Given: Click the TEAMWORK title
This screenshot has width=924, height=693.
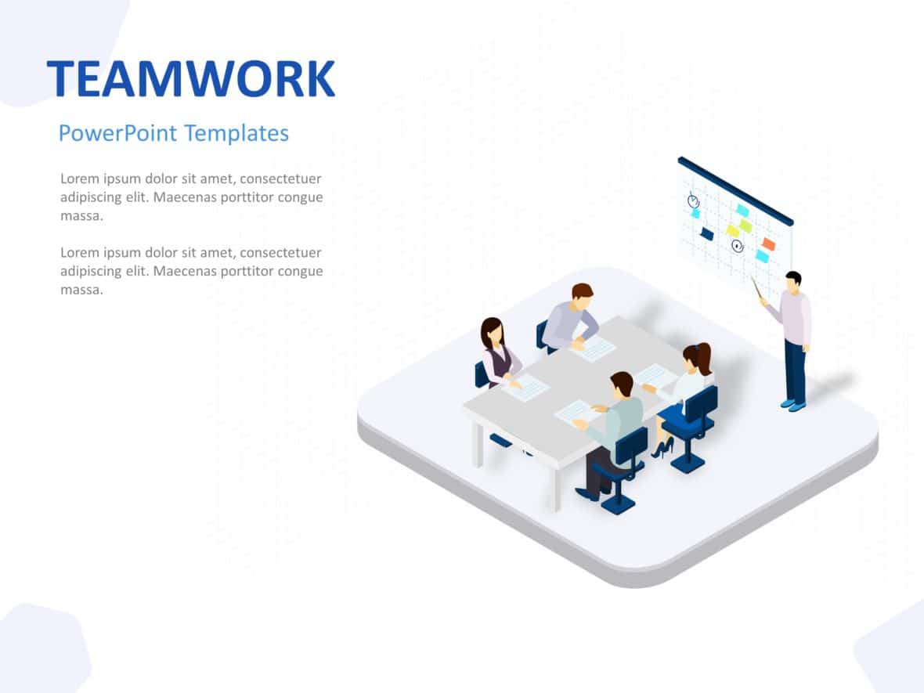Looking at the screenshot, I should (190, 78).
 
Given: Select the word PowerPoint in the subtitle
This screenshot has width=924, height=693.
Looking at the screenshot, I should (117, 133).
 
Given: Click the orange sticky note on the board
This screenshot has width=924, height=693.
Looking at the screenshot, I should (768, 244).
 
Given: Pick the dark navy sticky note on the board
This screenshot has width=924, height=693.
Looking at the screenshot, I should (707, 233).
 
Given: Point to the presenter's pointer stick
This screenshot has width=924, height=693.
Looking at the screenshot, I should (757, 287).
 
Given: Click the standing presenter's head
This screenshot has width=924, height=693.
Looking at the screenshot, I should (793, 281).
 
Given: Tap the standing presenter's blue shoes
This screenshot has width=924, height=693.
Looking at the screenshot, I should (792, 405).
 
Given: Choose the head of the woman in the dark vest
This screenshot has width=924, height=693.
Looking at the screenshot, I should (491, 331).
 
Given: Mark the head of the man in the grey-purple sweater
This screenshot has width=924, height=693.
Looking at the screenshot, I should (582, 295).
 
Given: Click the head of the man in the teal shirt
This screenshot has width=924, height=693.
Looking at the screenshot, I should (621, 384).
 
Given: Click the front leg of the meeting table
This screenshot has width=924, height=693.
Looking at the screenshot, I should (554, 489).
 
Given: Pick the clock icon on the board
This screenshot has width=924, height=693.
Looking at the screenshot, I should (693, 200).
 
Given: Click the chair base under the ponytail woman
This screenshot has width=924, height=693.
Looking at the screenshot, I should (688, 463).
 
